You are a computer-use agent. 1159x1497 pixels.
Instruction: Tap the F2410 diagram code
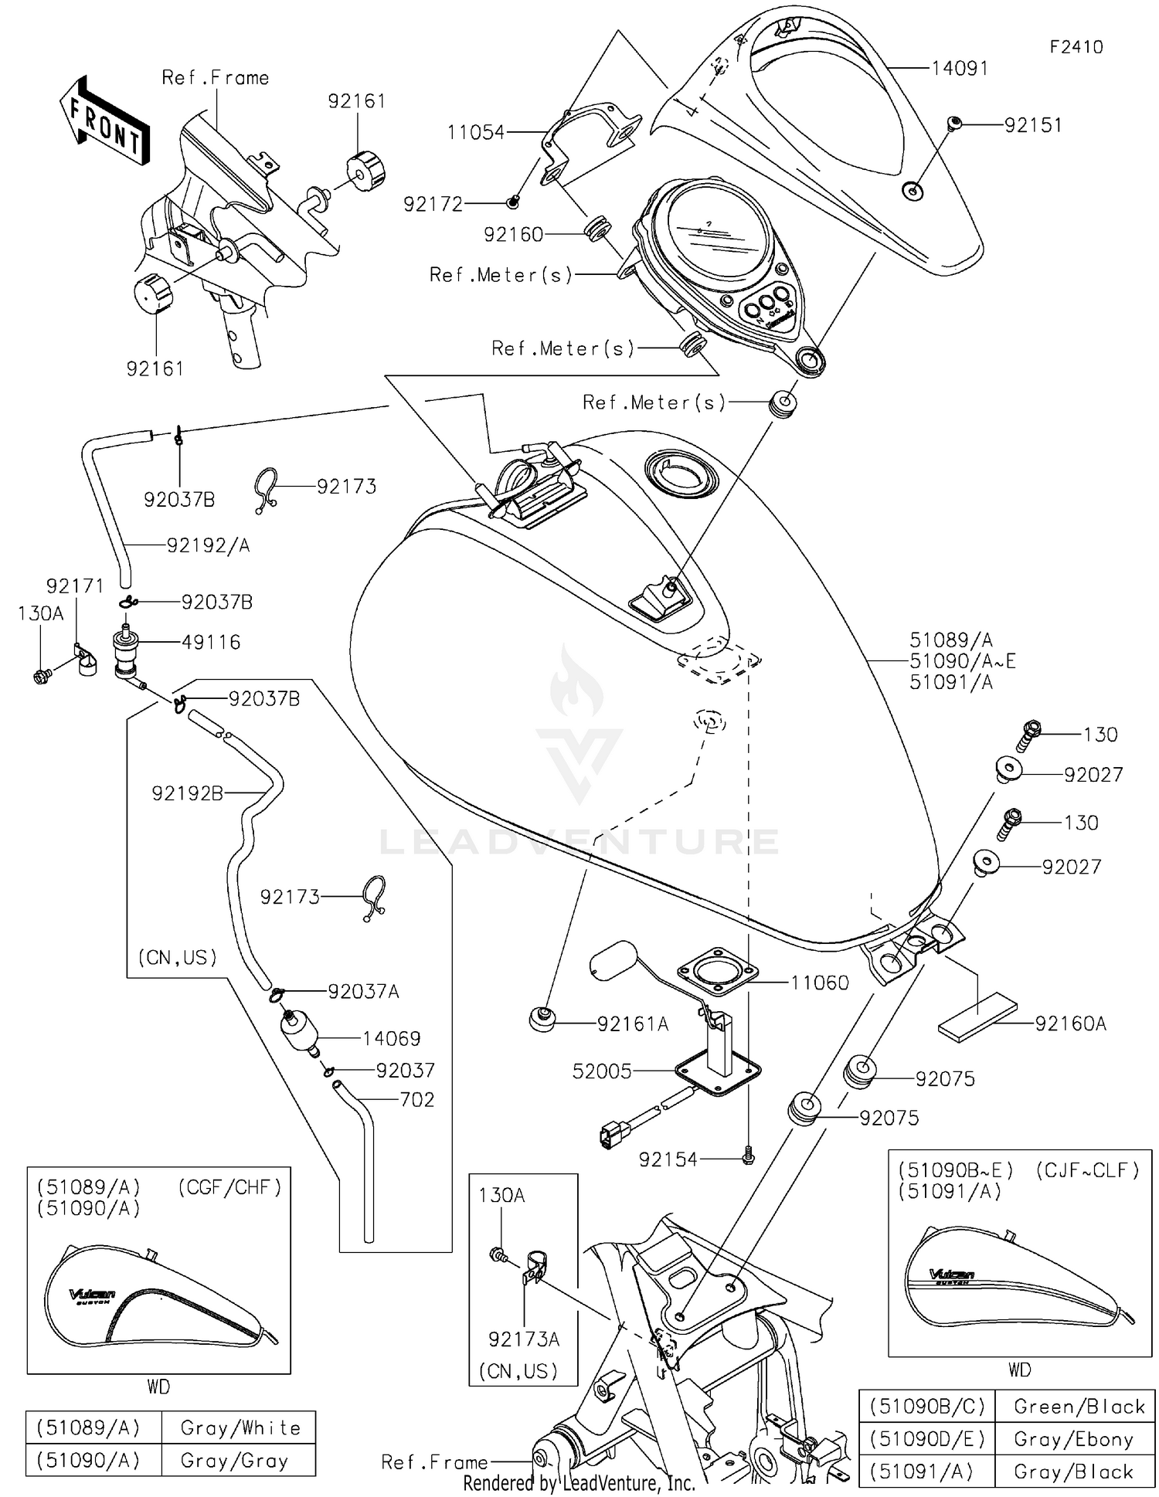pyautogui.click(x=1076, y=47)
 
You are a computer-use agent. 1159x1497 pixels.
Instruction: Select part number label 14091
pyautogui.click(x=959, y=69)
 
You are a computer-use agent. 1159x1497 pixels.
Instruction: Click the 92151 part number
pyautogui.click(x=1033, y=125)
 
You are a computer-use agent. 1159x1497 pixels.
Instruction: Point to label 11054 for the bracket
pyautogui.click(x=475, y=133)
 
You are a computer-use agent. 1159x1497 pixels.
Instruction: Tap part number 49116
pyautogui.click(x=211, y=642)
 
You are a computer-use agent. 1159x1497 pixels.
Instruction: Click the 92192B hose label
pyautogui.click(x=187, y=793)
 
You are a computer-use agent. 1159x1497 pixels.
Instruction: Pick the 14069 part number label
pyautogui.click(x=391, y=1038)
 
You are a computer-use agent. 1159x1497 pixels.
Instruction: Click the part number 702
pyautogui.click(x=417, y=1099)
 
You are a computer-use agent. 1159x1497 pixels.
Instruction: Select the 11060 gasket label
pyautogui.click(x=819, y=983)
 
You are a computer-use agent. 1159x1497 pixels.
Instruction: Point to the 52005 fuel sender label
pyautogui.click(x=602, y=1071)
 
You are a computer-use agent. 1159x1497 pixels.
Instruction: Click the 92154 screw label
pyautogui.click(x=668, y=1159)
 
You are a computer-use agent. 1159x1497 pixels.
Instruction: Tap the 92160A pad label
pyautogui.click(x=1070, y=1023)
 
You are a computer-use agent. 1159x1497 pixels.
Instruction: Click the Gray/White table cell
pyautogui.click(x=240, y=1427)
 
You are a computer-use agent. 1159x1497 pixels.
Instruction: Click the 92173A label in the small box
pyautogui.click(x=523, y=1339)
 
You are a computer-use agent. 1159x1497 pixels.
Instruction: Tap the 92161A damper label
pyautogui.click(x=632, y=1024)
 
